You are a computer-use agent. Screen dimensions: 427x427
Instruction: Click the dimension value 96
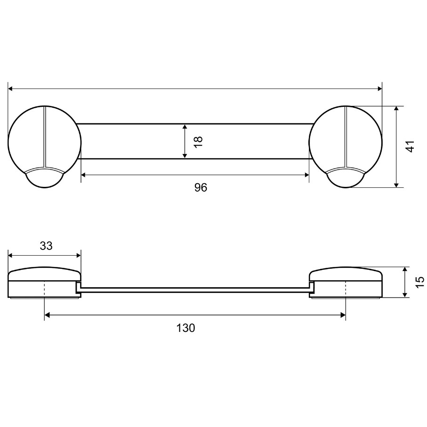click(201, 187)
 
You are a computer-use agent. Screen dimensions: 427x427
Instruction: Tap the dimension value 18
click(199, 142)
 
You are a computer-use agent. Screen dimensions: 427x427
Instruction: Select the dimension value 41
click(410, 146)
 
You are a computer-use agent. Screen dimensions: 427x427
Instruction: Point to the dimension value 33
click(46, 246)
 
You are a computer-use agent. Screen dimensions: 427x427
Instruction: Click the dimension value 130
click(185, 328)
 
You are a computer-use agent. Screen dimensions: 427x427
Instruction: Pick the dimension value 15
click(419, 282)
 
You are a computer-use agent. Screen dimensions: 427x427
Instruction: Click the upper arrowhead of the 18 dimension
click(185, 128)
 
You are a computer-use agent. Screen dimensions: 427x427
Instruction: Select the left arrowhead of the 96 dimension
click(84, 175)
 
